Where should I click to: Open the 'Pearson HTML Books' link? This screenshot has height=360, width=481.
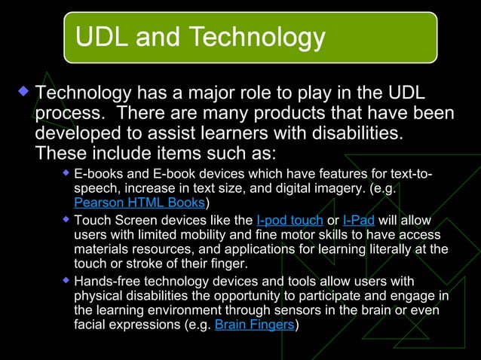(x=139, y=203)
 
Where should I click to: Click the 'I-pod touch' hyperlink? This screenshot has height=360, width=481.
(x=289, y=220)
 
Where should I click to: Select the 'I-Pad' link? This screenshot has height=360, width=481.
(x=358, y=220)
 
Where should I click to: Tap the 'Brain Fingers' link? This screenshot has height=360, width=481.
(x=255, y=325)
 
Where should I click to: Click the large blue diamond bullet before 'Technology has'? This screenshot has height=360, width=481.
(x=22, y=93)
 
